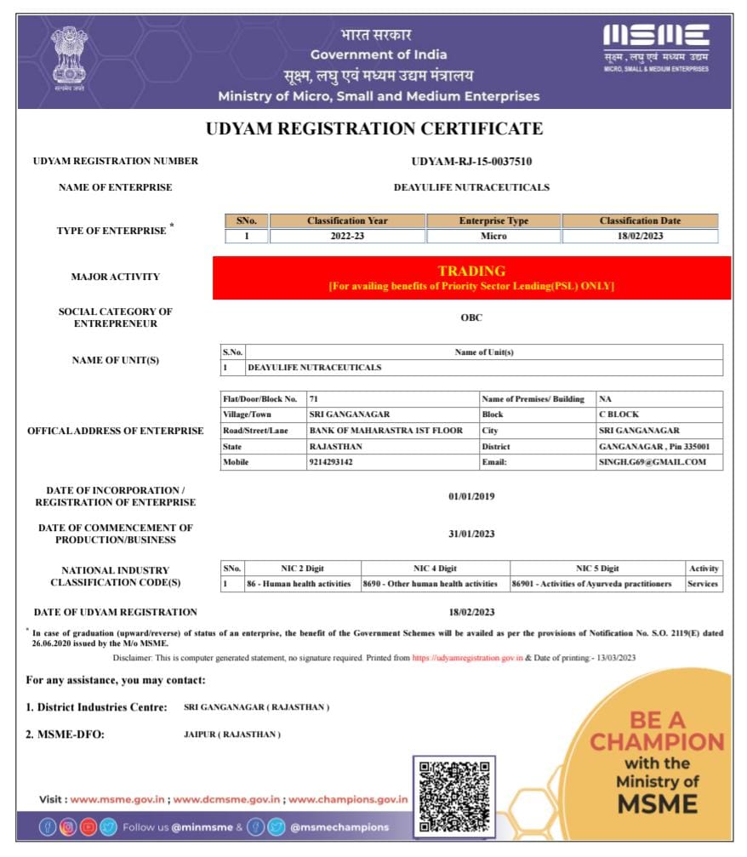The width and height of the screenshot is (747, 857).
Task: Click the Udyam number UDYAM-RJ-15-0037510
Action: (471, 161)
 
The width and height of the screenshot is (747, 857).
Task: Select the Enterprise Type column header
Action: (493, 221)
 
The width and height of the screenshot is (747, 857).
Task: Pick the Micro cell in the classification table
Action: (493, 237)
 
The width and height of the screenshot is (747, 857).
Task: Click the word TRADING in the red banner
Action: (471, 271)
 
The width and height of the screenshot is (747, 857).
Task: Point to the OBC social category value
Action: (471, 317)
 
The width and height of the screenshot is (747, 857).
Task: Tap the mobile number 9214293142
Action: (330, 462)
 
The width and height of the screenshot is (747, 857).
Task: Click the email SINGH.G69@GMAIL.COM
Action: (653, 462)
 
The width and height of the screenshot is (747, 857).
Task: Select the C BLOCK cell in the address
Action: (619, 414)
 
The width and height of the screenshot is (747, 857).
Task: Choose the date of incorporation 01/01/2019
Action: (471, 496)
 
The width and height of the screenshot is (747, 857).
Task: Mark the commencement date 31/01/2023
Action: (471, 534)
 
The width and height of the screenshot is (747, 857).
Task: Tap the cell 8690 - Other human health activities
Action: (436, 584)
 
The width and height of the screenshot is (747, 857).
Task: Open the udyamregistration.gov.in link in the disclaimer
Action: (467, 658)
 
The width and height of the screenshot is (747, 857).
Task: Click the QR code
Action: (454, 795)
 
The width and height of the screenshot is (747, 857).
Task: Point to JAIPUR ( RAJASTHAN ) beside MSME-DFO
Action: (232, 734)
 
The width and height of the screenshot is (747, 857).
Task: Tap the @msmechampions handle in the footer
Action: (339, 827)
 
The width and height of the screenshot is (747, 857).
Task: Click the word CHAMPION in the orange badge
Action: (656, 741)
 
